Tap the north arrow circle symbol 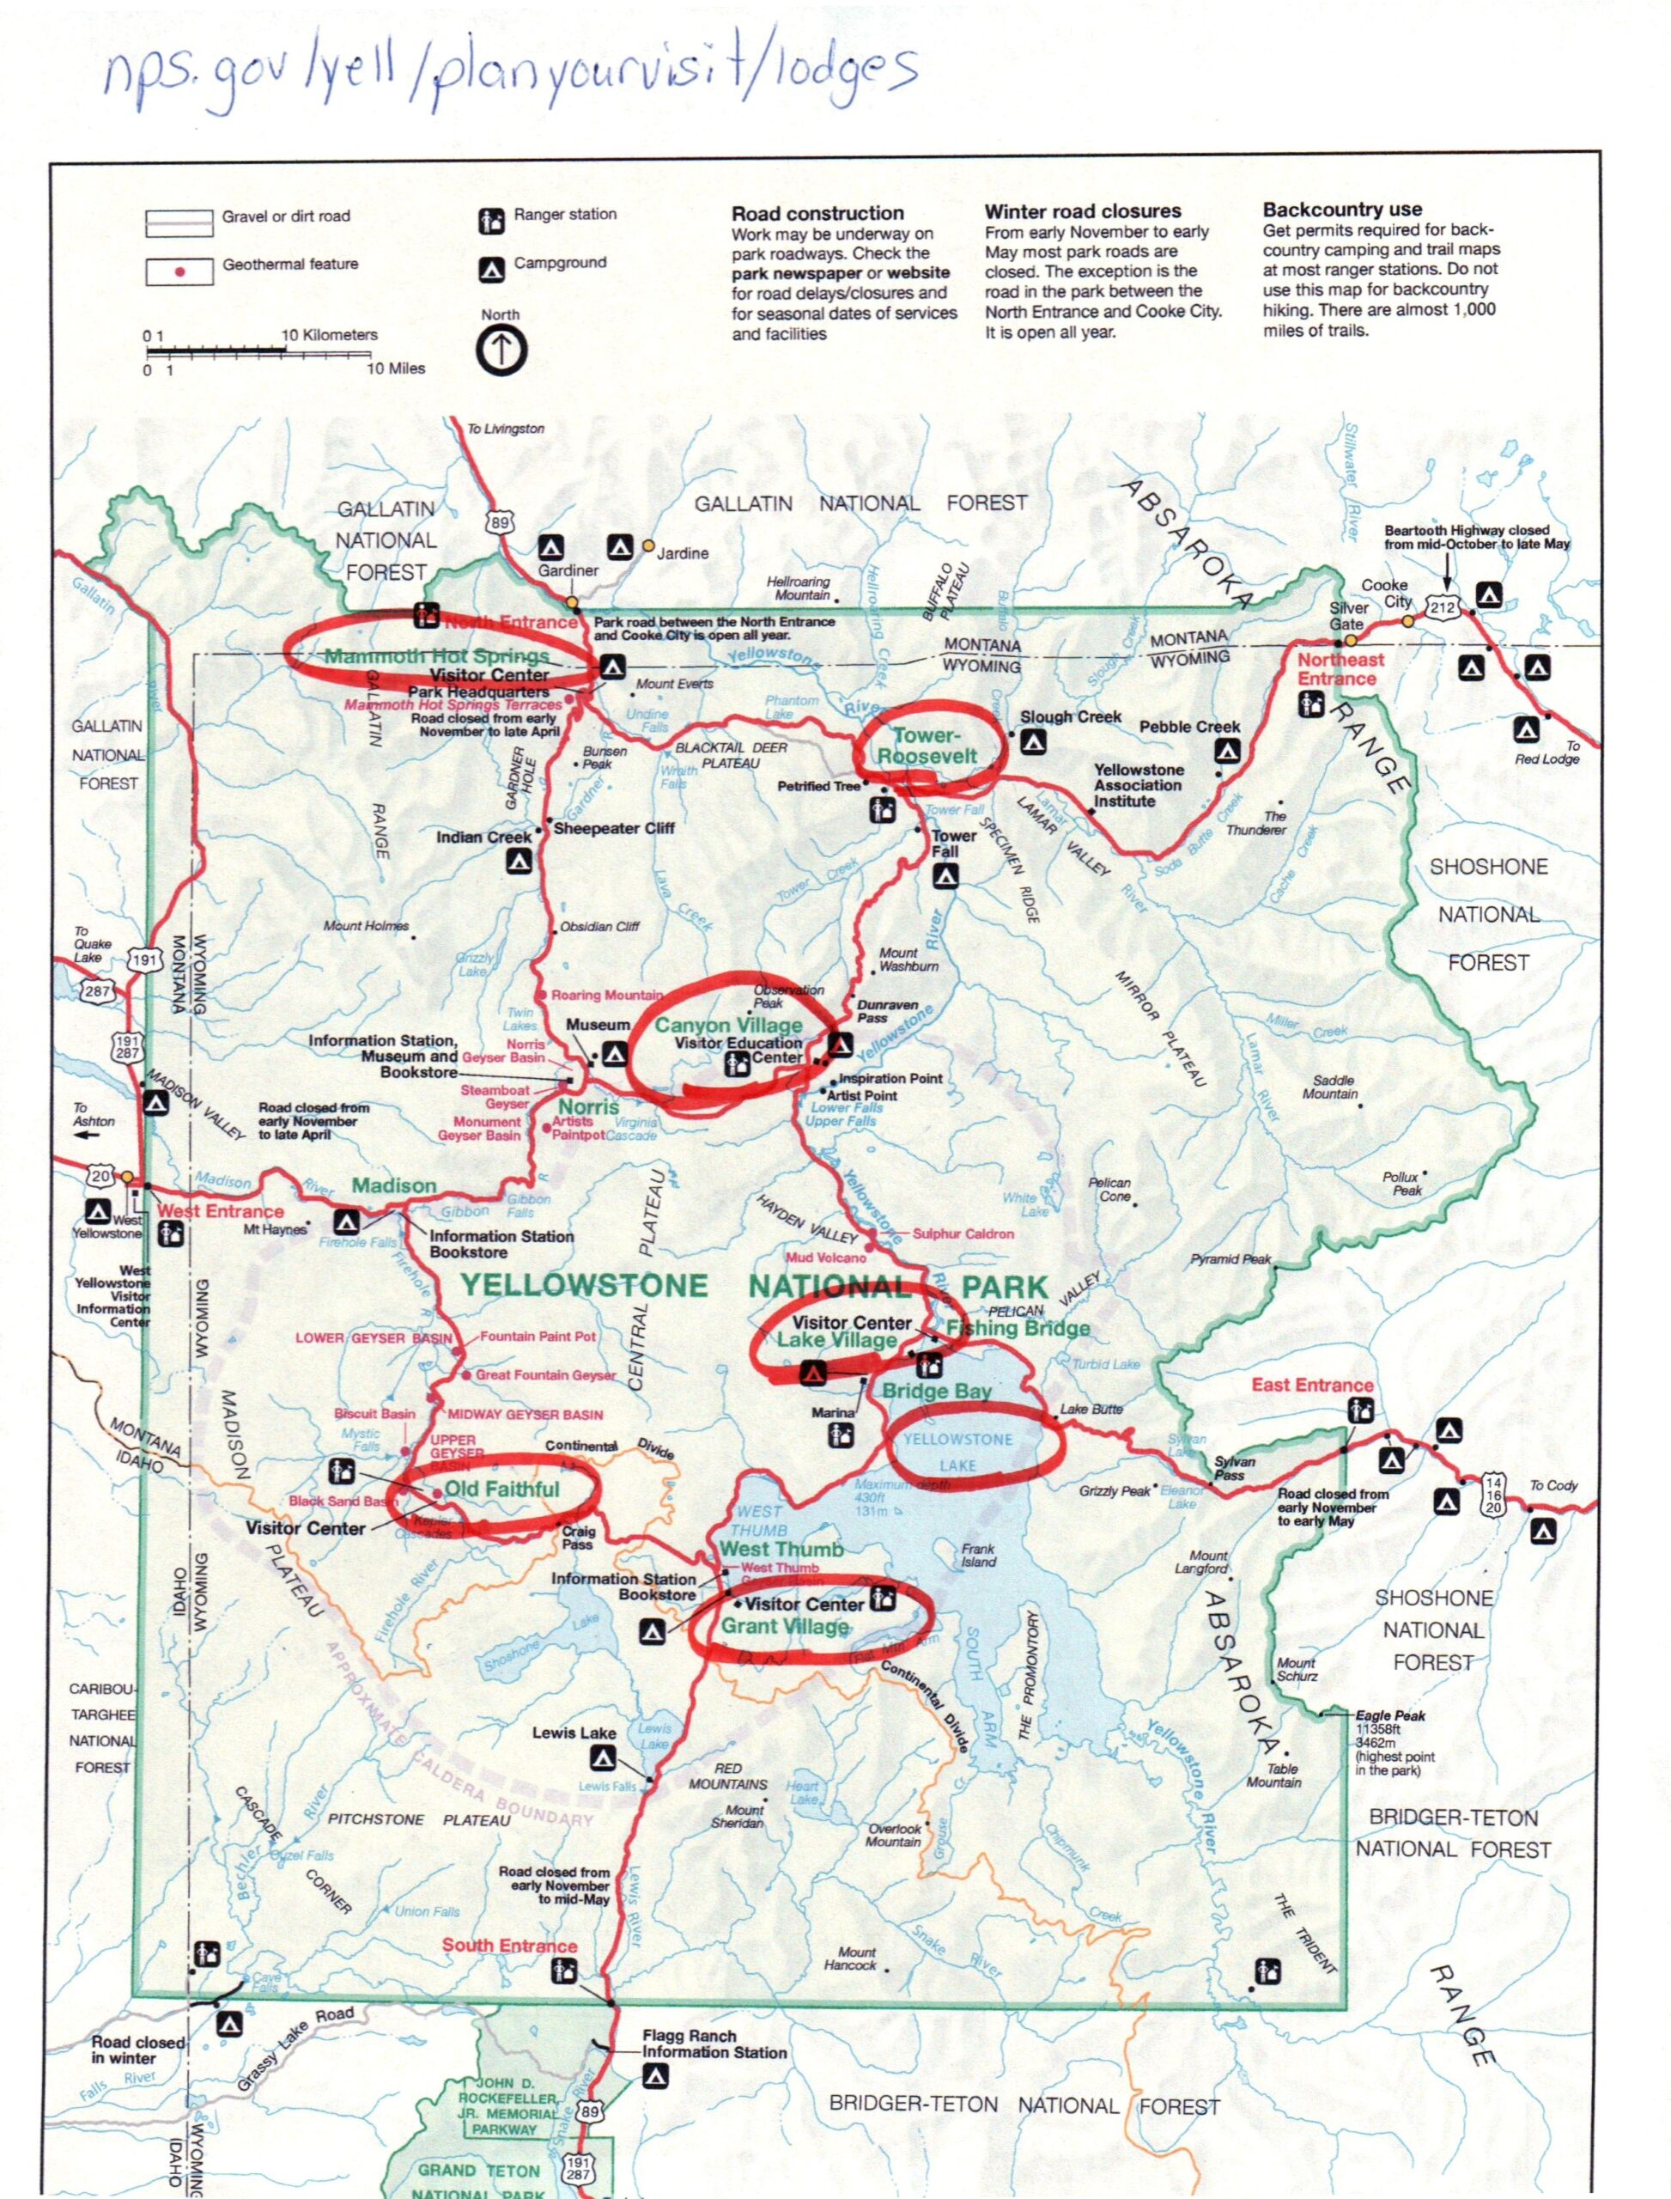click(501, 350)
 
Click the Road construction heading click(817, 213)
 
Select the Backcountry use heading click(1342, 210)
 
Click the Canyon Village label click(728, 1025)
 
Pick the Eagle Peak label click(1389, 1715)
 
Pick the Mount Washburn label click(908, 959)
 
